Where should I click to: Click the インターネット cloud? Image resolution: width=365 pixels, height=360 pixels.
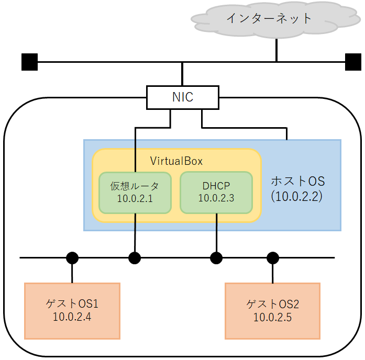[x=269, y=19]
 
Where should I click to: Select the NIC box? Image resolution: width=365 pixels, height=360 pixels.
[x=182, y=97]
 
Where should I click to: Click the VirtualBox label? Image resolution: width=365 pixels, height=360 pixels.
[x=176, y=161]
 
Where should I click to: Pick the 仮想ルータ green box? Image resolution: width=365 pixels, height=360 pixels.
[x=135, y=193]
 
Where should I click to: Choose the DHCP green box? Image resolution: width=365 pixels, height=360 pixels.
[x=216, y=193]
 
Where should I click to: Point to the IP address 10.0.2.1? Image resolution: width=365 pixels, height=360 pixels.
[x=135, y=199]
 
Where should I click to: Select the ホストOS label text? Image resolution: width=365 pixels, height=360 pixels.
[x=297, y=182]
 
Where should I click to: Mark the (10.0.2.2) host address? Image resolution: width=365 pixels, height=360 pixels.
[x=296, y=197]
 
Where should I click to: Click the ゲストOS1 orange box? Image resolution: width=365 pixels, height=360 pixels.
[x=72, y=310]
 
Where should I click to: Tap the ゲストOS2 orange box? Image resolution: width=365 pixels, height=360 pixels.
[x=272, y=310]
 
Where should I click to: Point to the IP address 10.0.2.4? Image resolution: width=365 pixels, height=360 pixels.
[x=72, y=317]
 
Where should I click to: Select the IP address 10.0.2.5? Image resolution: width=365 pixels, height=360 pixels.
[x=272, y=318]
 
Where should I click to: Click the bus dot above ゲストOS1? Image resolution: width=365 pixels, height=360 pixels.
[x=72, y=257]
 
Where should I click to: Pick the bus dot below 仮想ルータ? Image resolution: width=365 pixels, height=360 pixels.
[x=135, y=257]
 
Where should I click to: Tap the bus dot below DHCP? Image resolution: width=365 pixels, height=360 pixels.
[x=216, y=257]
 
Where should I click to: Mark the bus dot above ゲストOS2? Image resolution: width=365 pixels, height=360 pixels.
[x=272, y=257]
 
